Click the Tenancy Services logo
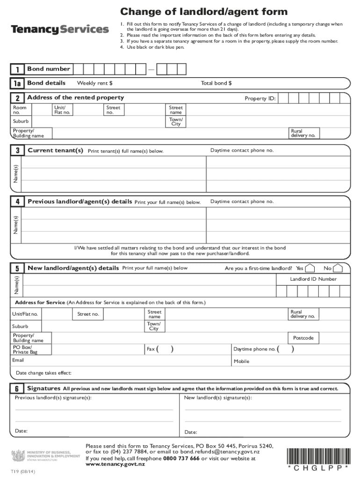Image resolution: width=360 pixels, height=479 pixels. click(60, 29)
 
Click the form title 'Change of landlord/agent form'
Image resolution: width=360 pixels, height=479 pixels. click(204, 12)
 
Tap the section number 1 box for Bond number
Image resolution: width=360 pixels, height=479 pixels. click(17, 70)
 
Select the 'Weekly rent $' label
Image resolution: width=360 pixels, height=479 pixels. click(95, 83)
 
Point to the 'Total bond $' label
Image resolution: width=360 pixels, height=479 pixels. click(216, 83)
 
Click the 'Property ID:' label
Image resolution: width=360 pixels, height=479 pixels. click(260, 99)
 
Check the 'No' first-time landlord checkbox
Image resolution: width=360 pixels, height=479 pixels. click(338, 269)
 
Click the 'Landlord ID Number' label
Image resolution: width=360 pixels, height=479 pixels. click(313, 279)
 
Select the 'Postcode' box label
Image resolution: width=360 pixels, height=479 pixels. click(303, 338)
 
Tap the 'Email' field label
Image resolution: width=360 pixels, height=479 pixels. click(18, 360)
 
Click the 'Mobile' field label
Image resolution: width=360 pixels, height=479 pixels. click(241, 362)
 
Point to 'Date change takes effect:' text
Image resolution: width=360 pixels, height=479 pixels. click(43, 373)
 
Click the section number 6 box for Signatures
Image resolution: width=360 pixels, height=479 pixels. click(17, 389)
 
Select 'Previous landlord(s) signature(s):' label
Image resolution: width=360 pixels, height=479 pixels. click(53, 398)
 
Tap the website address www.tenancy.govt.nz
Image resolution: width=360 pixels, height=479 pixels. click(115, 464)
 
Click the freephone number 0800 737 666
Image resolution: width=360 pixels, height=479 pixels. click(181, 458)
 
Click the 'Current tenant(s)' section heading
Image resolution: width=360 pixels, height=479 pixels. click(55, 150)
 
